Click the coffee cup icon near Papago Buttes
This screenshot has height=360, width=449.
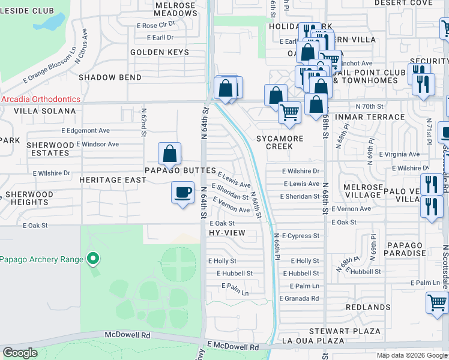pos(182,193)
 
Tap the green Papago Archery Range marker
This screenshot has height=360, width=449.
pos(92,259)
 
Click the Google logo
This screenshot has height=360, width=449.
pos(20,353)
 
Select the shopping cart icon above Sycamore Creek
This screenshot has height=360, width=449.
pos(290,112)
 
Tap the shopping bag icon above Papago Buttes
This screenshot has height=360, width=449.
pos(170,154)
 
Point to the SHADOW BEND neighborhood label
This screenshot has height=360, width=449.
pos(110,77)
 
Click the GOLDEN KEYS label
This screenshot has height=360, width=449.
pos(160,52)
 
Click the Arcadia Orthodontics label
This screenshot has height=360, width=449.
pos(41,100)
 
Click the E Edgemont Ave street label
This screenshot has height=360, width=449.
pos(85,130)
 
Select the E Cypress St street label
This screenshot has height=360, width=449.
pos(300,236)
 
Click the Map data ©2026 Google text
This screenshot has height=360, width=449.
pos(411,355)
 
